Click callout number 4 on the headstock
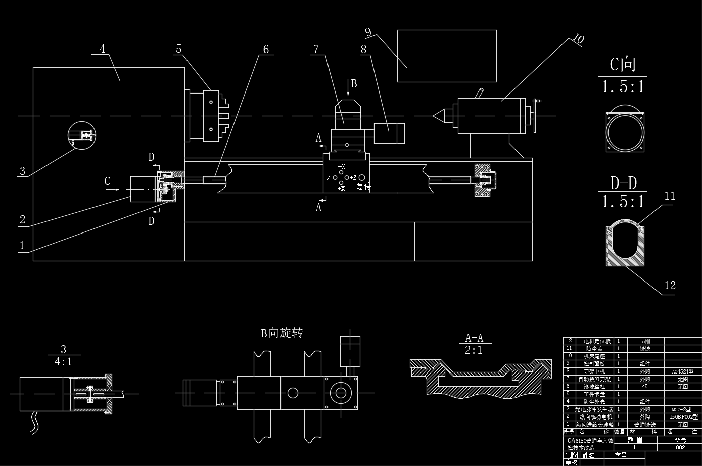pos(103,49)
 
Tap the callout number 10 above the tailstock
pos(579,39)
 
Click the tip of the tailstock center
pos(434,116)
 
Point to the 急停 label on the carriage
pos(364,186)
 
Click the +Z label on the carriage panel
pos(353,178)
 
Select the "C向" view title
pos(622,65)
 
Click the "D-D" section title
pos(623,182)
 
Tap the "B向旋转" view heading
pos(282,333)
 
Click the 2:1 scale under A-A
pos(474,350)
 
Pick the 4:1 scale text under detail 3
pos(63,362)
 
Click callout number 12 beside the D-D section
pos(670,286)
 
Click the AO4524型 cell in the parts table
pos(682,371)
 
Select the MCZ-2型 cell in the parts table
pos(682,409)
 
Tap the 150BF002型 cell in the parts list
pos(683,417)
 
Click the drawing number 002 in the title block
pos(680,447)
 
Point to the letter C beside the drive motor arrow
pos(107,181)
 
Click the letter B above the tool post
pos(354,84)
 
